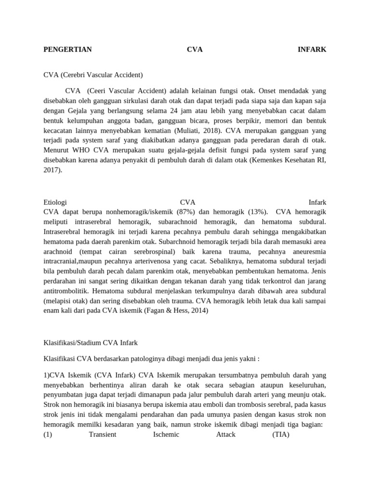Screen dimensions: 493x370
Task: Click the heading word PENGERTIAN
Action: point(67,49)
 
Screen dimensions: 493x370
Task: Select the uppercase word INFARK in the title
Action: point(312,49)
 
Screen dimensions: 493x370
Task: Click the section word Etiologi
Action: point(55,202)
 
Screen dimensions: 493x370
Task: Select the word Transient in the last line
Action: point(103,434)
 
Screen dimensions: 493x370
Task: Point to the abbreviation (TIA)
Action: point(280,434)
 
